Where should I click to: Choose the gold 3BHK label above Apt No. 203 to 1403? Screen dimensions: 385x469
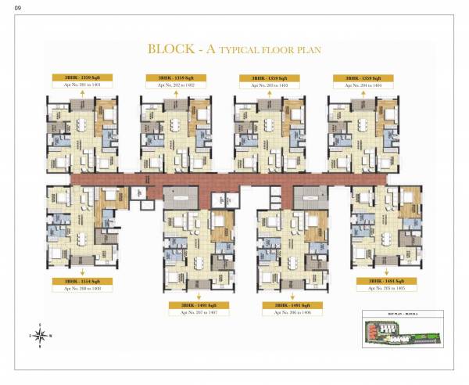[x=267, y=78]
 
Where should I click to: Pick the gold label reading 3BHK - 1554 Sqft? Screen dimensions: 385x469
[x=77, y=280]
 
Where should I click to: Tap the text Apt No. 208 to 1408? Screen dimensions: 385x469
[x=77, y=288]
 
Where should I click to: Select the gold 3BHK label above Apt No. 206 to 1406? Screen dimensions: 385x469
[x=288, y=304]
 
